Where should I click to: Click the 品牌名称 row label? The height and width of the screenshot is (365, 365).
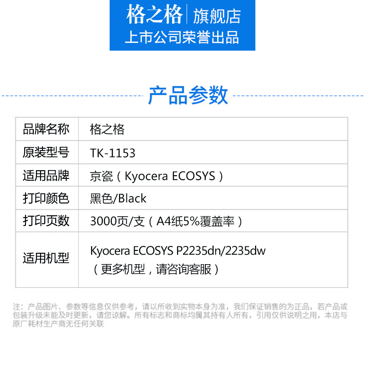46,129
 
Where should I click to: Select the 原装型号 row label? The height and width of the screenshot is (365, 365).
46,152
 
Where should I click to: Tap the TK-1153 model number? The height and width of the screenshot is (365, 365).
113,153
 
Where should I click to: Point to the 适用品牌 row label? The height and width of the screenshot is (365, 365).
46,175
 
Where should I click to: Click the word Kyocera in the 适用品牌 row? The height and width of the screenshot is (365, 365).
146,176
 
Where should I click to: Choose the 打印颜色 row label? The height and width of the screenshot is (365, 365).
46,198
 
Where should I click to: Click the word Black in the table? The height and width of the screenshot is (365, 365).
132,198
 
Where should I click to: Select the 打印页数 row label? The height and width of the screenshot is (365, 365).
46,221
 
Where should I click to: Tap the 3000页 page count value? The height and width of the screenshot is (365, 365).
109,221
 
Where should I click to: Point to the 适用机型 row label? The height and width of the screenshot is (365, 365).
46,258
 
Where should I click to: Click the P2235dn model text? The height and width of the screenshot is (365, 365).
199,251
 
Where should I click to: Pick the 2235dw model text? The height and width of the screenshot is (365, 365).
245,251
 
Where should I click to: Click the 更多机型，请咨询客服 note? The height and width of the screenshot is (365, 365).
156,269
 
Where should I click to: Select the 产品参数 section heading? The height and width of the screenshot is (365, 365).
188,95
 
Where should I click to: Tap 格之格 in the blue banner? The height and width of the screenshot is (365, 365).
154,15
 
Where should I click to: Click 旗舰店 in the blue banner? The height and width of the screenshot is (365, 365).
217,16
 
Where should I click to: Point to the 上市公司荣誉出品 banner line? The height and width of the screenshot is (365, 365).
182,37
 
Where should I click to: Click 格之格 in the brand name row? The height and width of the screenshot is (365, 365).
107,130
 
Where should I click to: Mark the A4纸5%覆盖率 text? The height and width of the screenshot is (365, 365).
196,221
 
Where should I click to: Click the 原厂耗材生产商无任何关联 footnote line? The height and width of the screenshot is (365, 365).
58,323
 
